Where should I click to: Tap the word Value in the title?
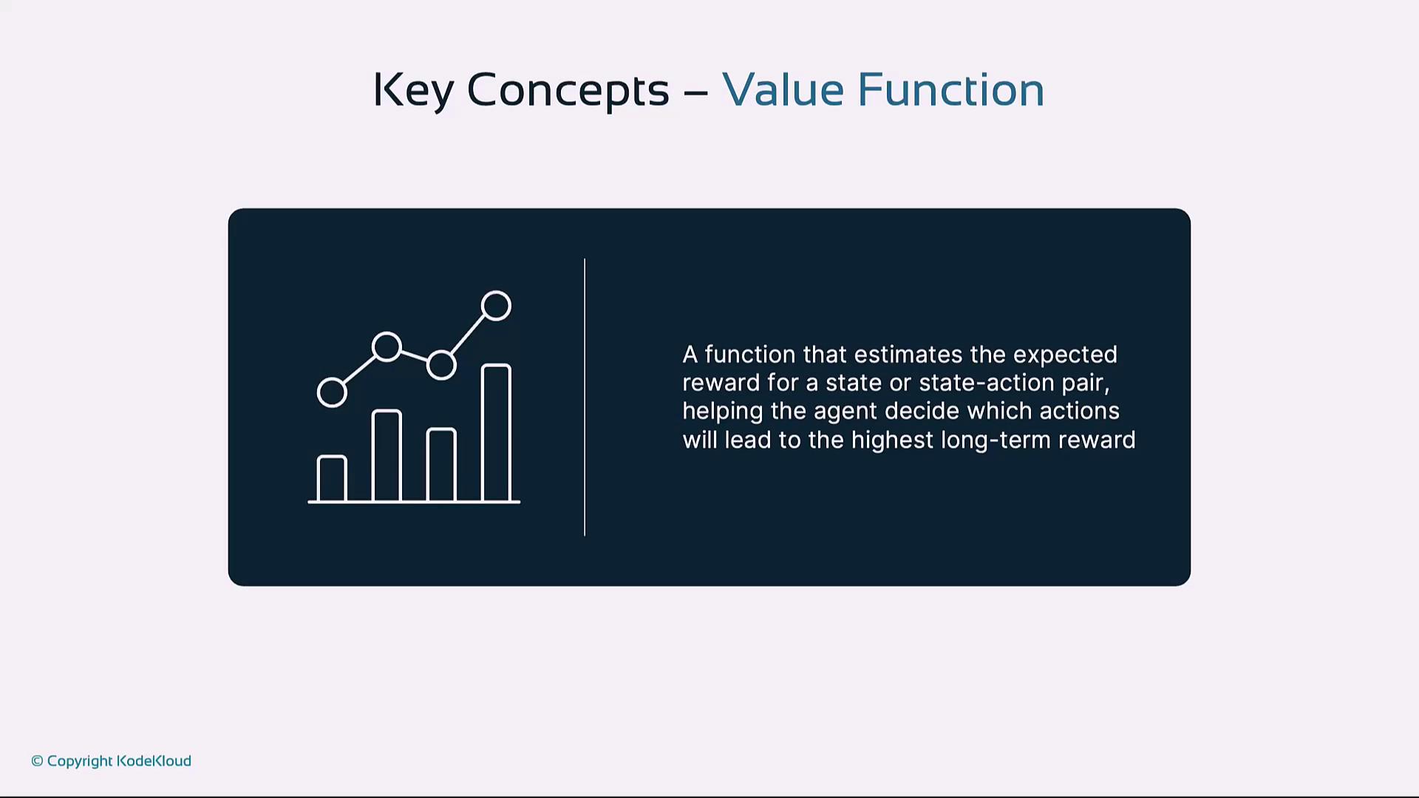coord(783,89)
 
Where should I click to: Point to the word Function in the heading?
coord(950,89)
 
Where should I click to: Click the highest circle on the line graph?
coord(496,292)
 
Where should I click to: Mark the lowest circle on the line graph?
coord(332,378)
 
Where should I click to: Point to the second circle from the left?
coord(387,333)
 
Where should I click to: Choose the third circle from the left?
coord(441,352)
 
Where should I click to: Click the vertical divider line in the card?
coord(585,398)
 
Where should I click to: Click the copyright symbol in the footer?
coord(38,761)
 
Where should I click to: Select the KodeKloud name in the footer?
coord(154,761)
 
